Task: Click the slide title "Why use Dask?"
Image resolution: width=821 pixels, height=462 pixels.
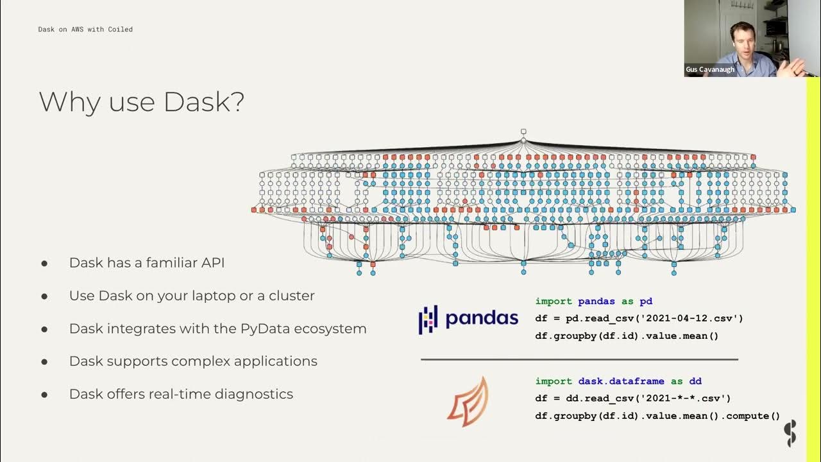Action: pyautogui.click(x=141, y=102)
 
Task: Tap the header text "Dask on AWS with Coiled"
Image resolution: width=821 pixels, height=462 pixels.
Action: pyautogui.click(x=85, y=30)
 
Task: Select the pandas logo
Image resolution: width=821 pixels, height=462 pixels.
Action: pyautogui.click(x=468, y=318)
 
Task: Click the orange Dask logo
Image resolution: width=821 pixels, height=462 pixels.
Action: pyautogui.click(x=468, y=402)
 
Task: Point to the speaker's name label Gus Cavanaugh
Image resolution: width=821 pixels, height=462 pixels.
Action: pyautogui.click(x=710, y=69)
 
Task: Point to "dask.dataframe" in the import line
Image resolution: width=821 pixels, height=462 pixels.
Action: pyautogui.click(x=620, y=381)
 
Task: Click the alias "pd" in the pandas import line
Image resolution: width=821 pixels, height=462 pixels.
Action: pyautogui.click(x=647, y=301)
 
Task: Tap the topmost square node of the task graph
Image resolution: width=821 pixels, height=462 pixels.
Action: pyautogui.click(x=523, y=132)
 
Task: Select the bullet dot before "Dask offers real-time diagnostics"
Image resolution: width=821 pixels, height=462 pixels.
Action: pyautogui.click(x=44, y=395)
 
